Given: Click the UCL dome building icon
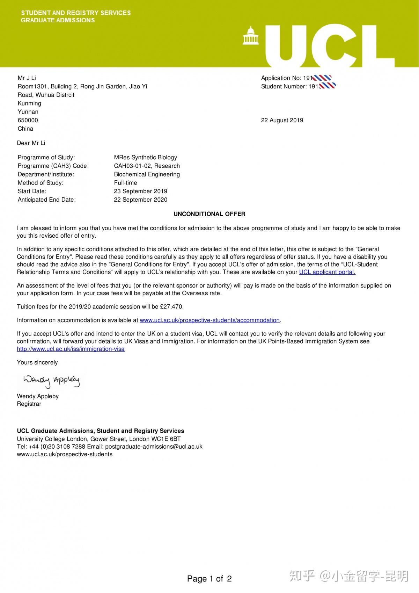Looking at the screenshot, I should [249, 36].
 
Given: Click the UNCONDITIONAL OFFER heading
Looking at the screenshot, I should [209, 214].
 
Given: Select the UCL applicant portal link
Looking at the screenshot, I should [327, 272].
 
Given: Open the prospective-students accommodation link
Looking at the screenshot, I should [209, 320].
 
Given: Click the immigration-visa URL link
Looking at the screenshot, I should [71, 349].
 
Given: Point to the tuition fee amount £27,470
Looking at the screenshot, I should [171, 306].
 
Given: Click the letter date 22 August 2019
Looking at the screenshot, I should [282, 120].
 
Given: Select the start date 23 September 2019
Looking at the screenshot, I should [140, 191].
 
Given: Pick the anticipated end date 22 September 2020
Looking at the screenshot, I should [140, 200].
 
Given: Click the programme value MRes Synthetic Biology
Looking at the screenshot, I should [145, 157].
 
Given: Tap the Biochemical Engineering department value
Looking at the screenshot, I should [147, 174].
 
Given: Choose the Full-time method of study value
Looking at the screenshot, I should [125, 183].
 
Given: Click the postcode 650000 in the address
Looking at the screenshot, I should [28, 120].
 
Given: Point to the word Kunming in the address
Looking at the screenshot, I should [29, 103].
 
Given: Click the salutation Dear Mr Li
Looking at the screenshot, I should [31, 143].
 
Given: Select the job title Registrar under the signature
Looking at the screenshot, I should [29, 404].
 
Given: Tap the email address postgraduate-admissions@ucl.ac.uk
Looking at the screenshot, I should [154, 446].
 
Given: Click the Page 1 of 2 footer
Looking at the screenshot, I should [209, 579].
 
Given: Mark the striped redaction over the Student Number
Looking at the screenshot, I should [327, 86].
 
